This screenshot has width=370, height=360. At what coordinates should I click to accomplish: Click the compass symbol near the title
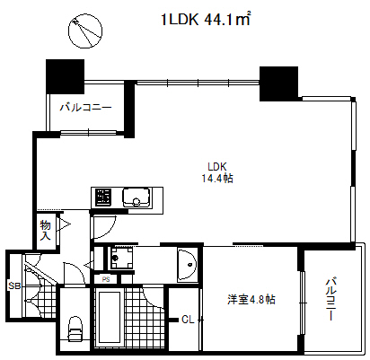84,31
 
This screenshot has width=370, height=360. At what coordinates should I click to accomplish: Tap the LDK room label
216,166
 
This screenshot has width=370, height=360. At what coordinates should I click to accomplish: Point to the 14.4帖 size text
216,179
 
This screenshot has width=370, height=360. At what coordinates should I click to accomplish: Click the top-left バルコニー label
86,108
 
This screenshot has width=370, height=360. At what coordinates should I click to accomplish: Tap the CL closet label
187,320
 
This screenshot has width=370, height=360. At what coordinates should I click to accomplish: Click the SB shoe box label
13,285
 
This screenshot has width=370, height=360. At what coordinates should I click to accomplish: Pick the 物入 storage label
46,231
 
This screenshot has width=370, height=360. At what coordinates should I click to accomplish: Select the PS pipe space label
106,279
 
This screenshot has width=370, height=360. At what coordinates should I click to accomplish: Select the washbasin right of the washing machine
187,263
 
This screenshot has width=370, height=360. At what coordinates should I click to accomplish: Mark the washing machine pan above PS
120,259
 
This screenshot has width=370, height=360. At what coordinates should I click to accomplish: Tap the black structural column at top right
279,82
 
